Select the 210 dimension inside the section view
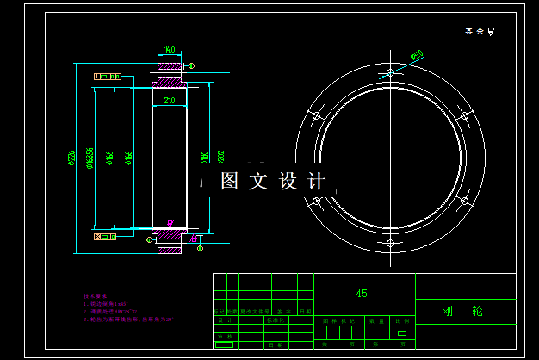(169, 101)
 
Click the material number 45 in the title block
(362, 294)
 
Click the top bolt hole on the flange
(390, 73)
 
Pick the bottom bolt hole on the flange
(390, 243)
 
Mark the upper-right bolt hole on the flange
(464, 115)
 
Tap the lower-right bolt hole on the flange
(464, 201)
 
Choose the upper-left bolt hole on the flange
(316, 115)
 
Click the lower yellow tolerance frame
(107, 235)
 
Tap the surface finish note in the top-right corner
(480, 31)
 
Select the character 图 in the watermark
(229, 182)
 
